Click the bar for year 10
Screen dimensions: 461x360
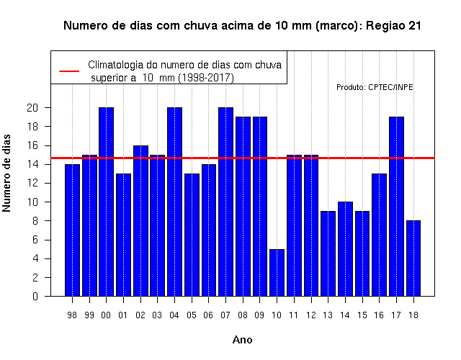pos(277,273)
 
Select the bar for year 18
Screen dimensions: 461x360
pos(413,258)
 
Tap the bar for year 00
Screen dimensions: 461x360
pos(106,202)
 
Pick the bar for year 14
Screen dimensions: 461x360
pos(345,249)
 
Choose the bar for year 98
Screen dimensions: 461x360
pos(72,230)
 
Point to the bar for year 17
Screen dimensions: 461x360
pos(396,207)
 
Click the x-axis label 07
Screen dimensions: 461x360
pos(225,315)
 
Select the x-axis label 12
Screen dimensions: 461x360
pos(311,315)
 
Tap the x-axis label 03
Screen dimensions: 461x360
pos(157,315)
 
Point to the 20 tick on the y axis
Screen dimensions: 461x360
pos(32,108)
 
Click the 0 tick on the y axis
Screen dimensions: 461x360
pos(35,296)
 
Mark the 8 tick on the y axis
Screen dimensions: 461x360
pos(35,221)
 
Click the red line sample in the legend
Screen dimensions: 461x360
pos(69,71)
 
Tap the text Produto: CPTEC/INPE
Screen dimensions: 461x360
pos(375,87)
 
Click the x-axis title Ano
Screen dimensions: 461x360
pos(243,340)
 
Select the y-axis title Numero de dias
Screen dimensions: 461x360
pos(6,173)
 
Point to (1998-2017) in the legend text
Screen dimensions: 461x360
pos(207,78)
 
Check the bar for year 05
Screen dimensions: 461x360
pos(192,235)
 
